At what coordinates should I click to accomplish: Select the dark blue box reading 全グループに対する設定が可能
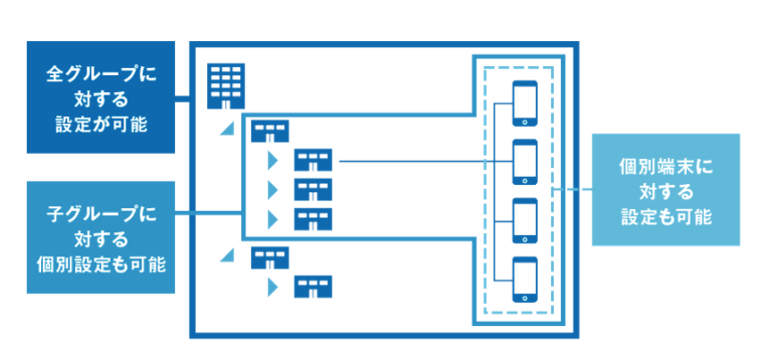coord(100,96)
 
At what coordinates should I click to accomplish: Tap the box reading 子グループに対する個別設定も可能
coord(100,238)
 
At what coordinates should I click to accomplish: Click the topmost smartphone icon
coord(524,105)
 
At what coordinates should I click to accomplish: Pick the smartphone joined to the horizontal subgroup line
coord(524,162)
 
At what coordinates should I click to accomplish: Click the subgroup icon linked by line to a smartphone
coord(313,162)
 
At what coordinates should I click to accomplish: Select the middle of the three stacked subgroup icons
coord(313,190)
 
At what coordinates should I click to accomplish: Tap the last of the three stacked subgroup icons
coord(313,219)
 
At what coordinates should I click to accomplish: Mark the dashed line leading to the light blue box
coord(573,190)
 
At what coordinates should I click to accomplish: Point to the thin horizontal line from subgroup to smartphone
coord(411,162)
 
